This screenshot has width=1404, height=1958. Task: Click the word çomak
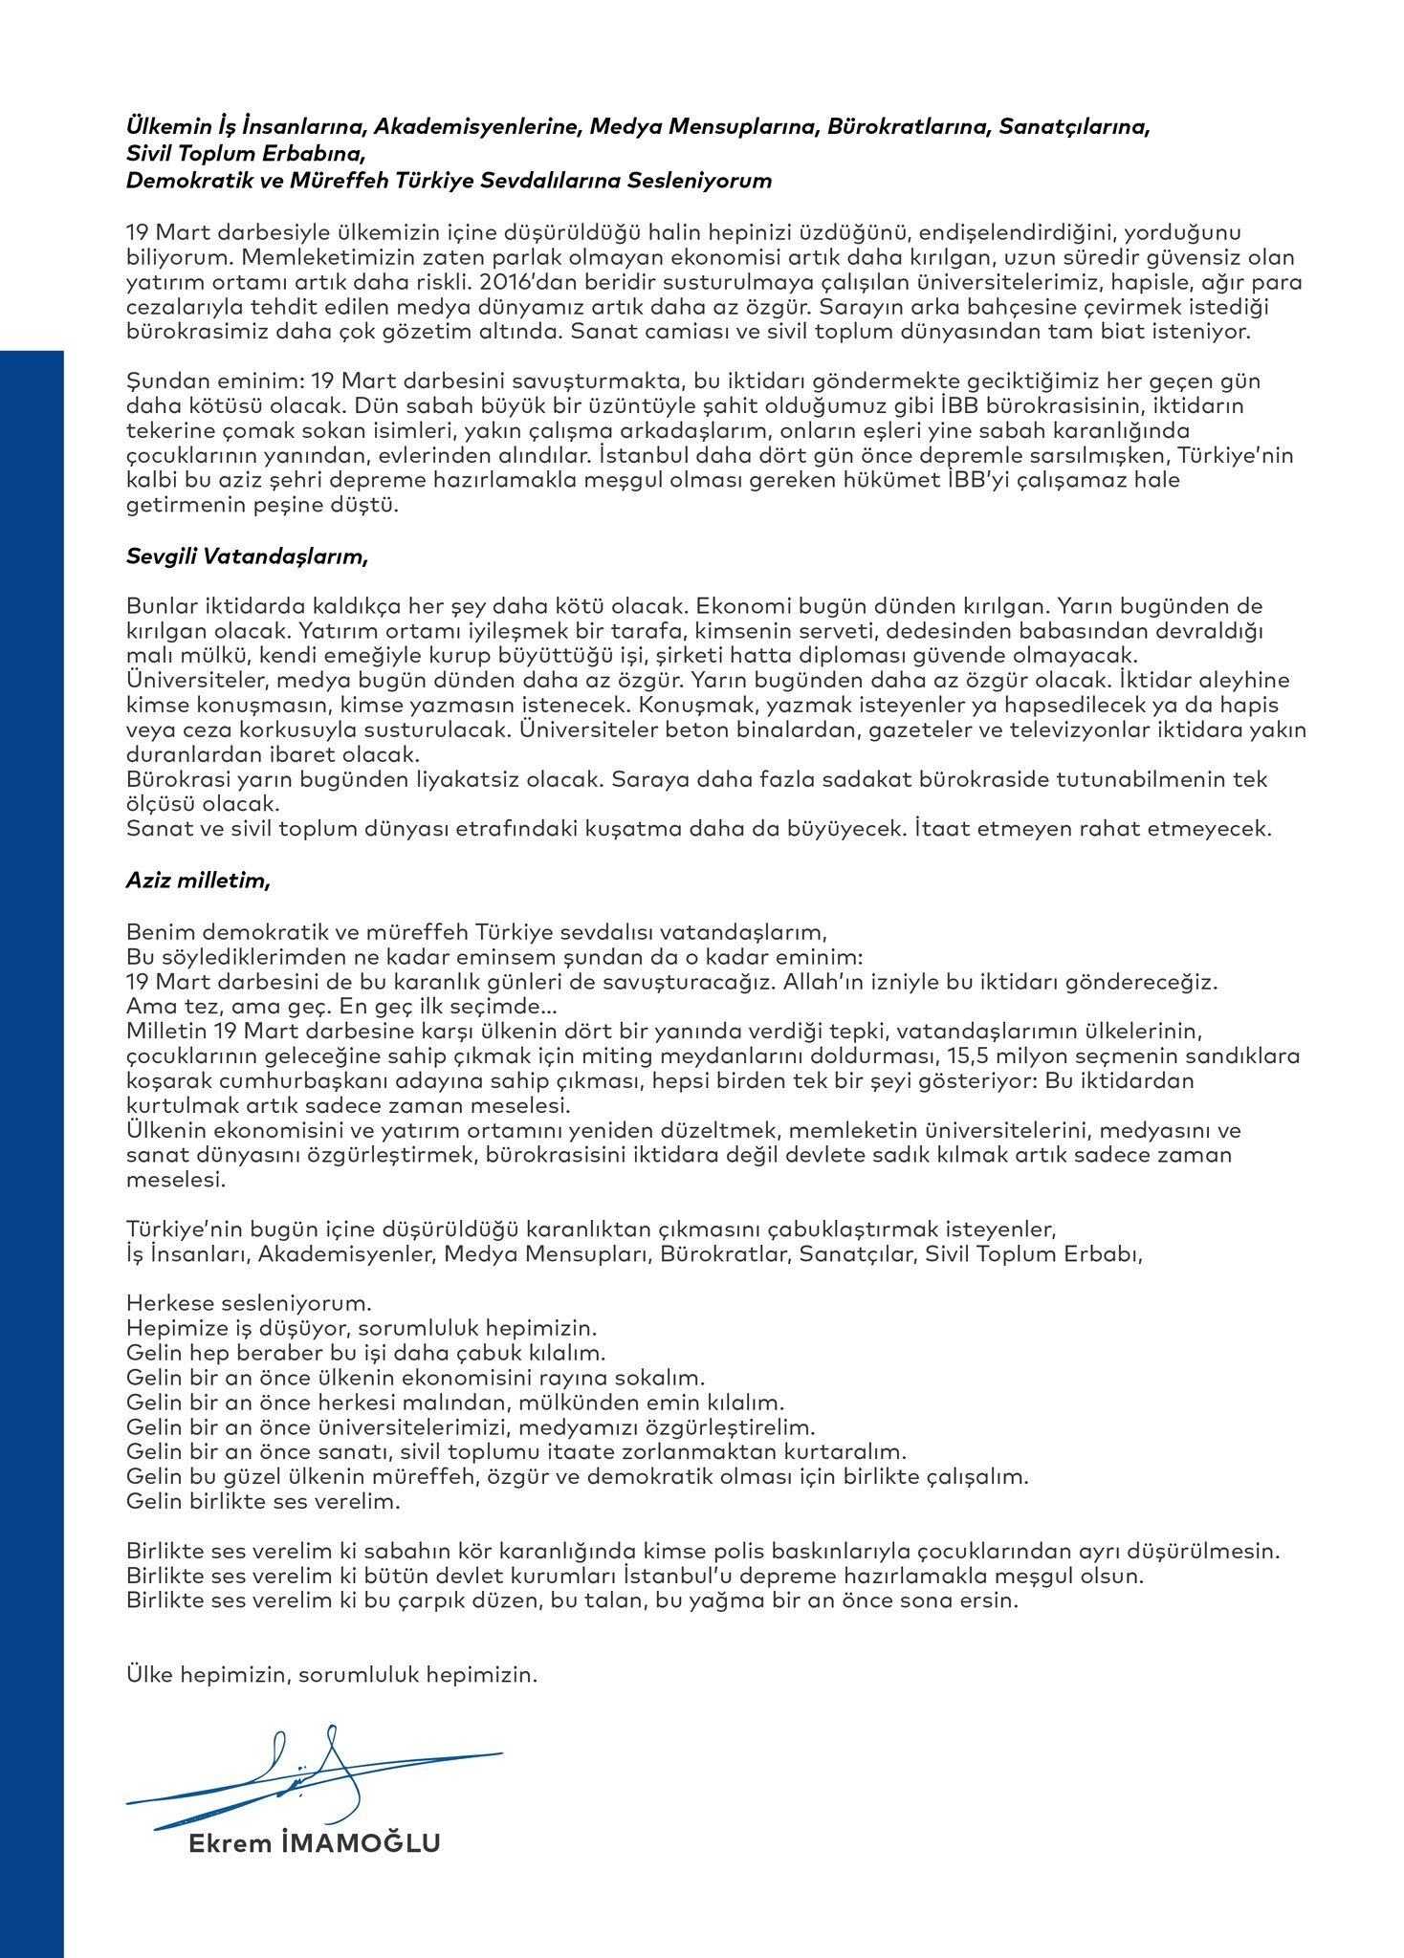pos(235,430)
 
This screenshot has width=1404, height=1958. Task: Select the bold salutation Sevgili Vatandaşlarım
pos(246,555)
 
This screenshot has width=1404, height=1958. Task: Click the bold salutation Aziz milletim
pos(197,881)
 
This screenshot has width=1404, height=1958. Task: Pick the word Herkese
pos(166,1303)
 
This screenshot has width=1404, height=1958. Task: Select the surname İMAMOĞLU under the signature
pos(362,1843)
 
